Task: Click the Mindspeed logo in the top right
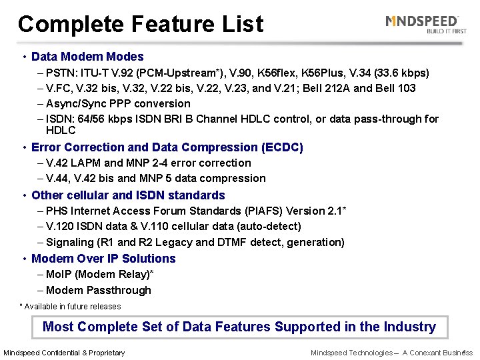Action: point(425,24)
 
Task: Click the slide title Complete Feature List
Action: point(141,24)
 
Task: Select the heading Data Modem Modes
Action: point(87,57)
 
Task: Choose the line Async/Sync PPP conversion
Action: point(118,103)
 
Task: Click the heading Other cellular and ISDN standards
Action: point(128,195)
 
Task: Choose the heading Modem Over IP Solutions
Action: point(103,259)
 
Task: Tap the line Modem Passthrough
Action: point(99,290)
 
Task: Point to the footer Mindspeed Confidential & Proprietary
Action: point(64,353)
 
